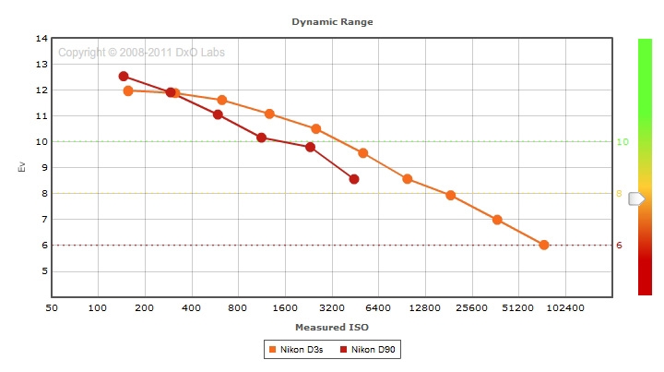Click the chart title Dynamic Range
[332, 20]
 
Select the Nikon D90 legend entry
[372, 350]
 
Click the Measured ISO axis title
[332, 328]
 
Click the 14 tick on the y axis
[41, 39]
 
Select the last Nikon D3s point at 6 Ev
[544, 245]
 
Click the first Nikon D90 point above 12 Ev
[124, 77]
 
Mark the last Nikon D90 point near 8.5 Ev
[354, 179]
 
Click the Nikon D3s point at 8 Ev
[451, 195]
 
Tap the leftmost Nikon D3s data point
[128, 90]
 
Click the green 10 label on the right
[622, 142]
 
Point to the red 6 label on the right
[620, 246]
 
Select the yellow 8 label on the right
[620, 194]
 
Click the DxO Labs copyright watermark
[141, 53]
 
